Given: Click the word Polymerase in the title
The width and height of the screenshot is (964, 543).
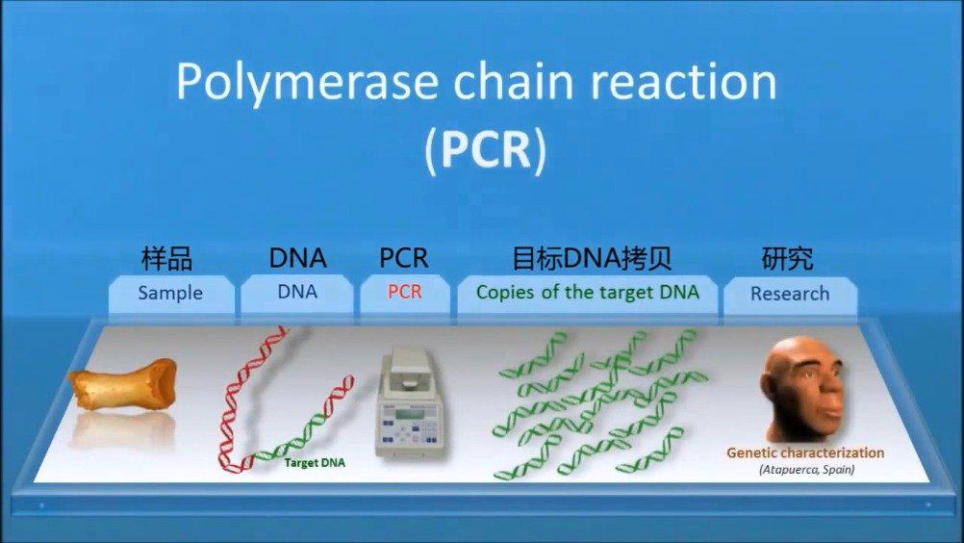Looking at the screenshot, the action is pos(308,83).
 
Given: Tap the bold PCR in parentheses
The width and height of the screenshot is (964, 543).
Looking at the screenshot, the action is pos(486,148).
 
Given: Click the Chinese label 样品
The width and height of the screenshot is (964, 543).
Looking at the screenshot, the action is pos(166,258).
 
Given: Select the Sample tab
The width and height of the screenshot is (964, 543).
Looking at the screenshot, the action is pos(171,295).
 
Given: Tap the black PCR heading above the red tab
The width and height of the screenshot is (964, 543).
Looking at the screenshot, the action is pos(404,258).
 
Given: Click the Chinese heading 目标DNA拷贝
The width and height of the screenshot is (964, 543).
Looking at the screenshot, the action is pos(592,258).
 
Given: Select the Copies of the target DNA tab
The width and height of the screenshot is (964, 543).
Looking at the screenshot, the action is pos(587,294).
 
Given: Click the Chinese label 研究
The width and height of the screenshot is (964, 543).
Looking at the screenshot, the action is pos(788,258).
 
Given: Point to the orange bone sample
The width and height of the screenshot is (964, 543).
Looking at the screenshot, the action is pos(122,384).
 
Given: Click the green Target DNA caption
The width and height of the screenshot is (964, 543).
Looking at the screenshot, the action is pos(315,463).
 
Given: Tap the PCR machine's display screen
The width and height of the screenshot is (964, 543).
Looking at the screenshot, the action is pos(410,414).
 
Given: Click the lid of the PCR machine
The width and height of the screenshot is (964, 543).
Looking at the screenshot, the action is pos(408,367).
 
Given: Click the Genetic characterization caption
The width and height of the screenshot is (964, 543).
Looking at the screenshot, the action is pos(805,453).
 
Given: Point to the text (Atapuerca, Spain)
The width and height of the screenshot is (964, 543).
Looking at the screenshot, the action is pos(806,470).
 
